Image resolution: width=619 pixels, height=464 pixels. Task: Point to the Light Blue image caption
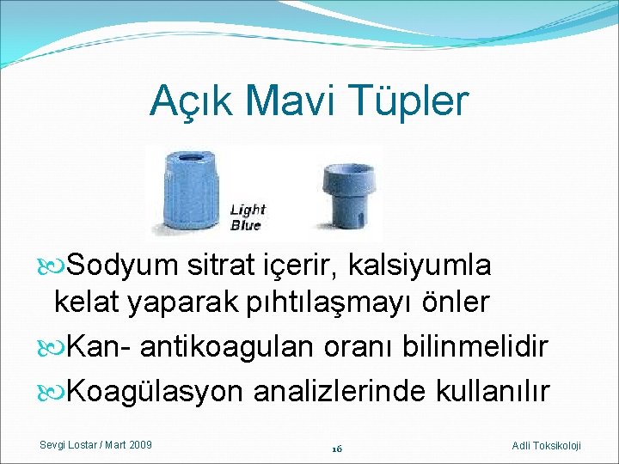(x=248, y=217)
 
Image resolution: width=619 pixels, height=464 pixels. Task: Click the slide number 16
(x=336, y=449)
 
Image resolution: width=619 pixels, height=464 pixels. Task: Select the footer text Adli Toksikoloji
(x=546, y=445)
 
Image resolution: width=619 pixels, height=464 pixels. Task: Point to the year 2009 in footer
(x=140, y=444)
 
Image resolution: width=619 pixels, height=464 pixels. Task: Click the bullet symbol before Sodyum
(x=54, y=266)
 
